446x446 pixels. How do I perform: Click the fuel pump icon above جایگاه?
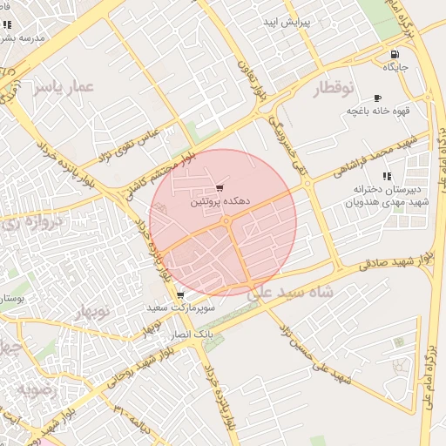point(395,54)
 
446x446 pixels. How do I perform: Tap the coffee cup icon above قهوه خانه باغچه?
point(376,98)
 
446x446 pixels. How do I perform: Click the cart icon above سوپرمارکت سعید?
point(179,295)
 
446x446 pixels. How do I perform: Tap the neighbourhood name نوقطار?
point(334,88)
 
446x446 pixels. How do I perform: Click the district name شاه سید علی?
point(291,294)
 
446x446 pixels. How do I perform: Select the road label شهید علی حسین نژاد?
point(313,353)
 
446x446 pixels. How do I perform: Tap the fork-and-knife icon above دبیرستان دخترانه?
point(386,176)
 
